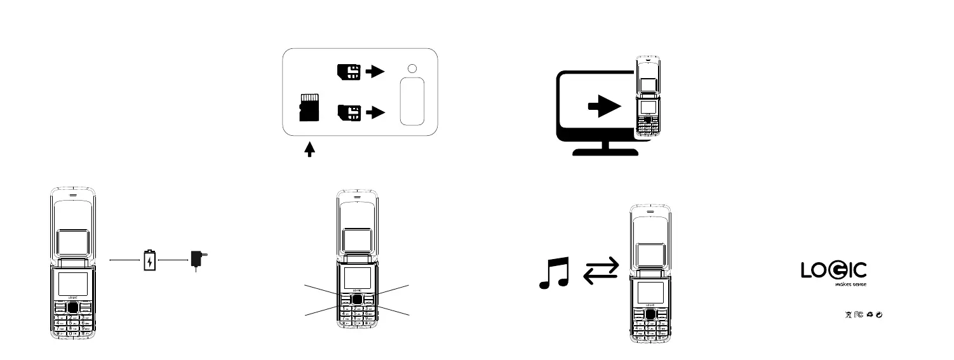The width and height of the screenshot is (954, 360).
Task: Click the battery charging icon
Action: [x=149, y=260]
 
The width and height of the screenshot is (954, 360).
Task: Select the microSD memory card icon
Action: [x=308, y=108]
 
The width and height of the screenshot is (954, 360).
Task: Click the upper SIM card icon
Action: [x=349, y=72]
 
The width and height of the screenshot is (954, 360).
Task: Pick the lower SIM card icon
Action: [x=349, y=112]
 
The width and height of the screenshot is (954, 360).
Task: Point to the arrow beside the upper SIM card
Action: [x=376, y=72]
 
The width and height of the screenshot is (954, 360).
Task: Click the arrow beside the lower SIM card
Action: [x=376, y=112]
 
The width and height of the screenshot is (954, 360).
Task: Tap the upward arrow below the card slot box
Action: [x=310, y=149]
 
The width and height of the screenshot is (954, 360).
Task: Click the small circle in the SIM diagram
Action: [x=412, y=69]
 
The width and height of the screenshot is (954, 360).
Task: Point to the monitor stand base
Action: [x=606, y=151]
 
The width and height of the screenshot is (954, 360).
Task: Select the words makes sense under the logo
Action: [x=850, y=285]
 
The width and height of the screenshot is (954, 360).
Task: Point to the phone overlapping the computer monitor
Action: [x=647, y=99]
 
